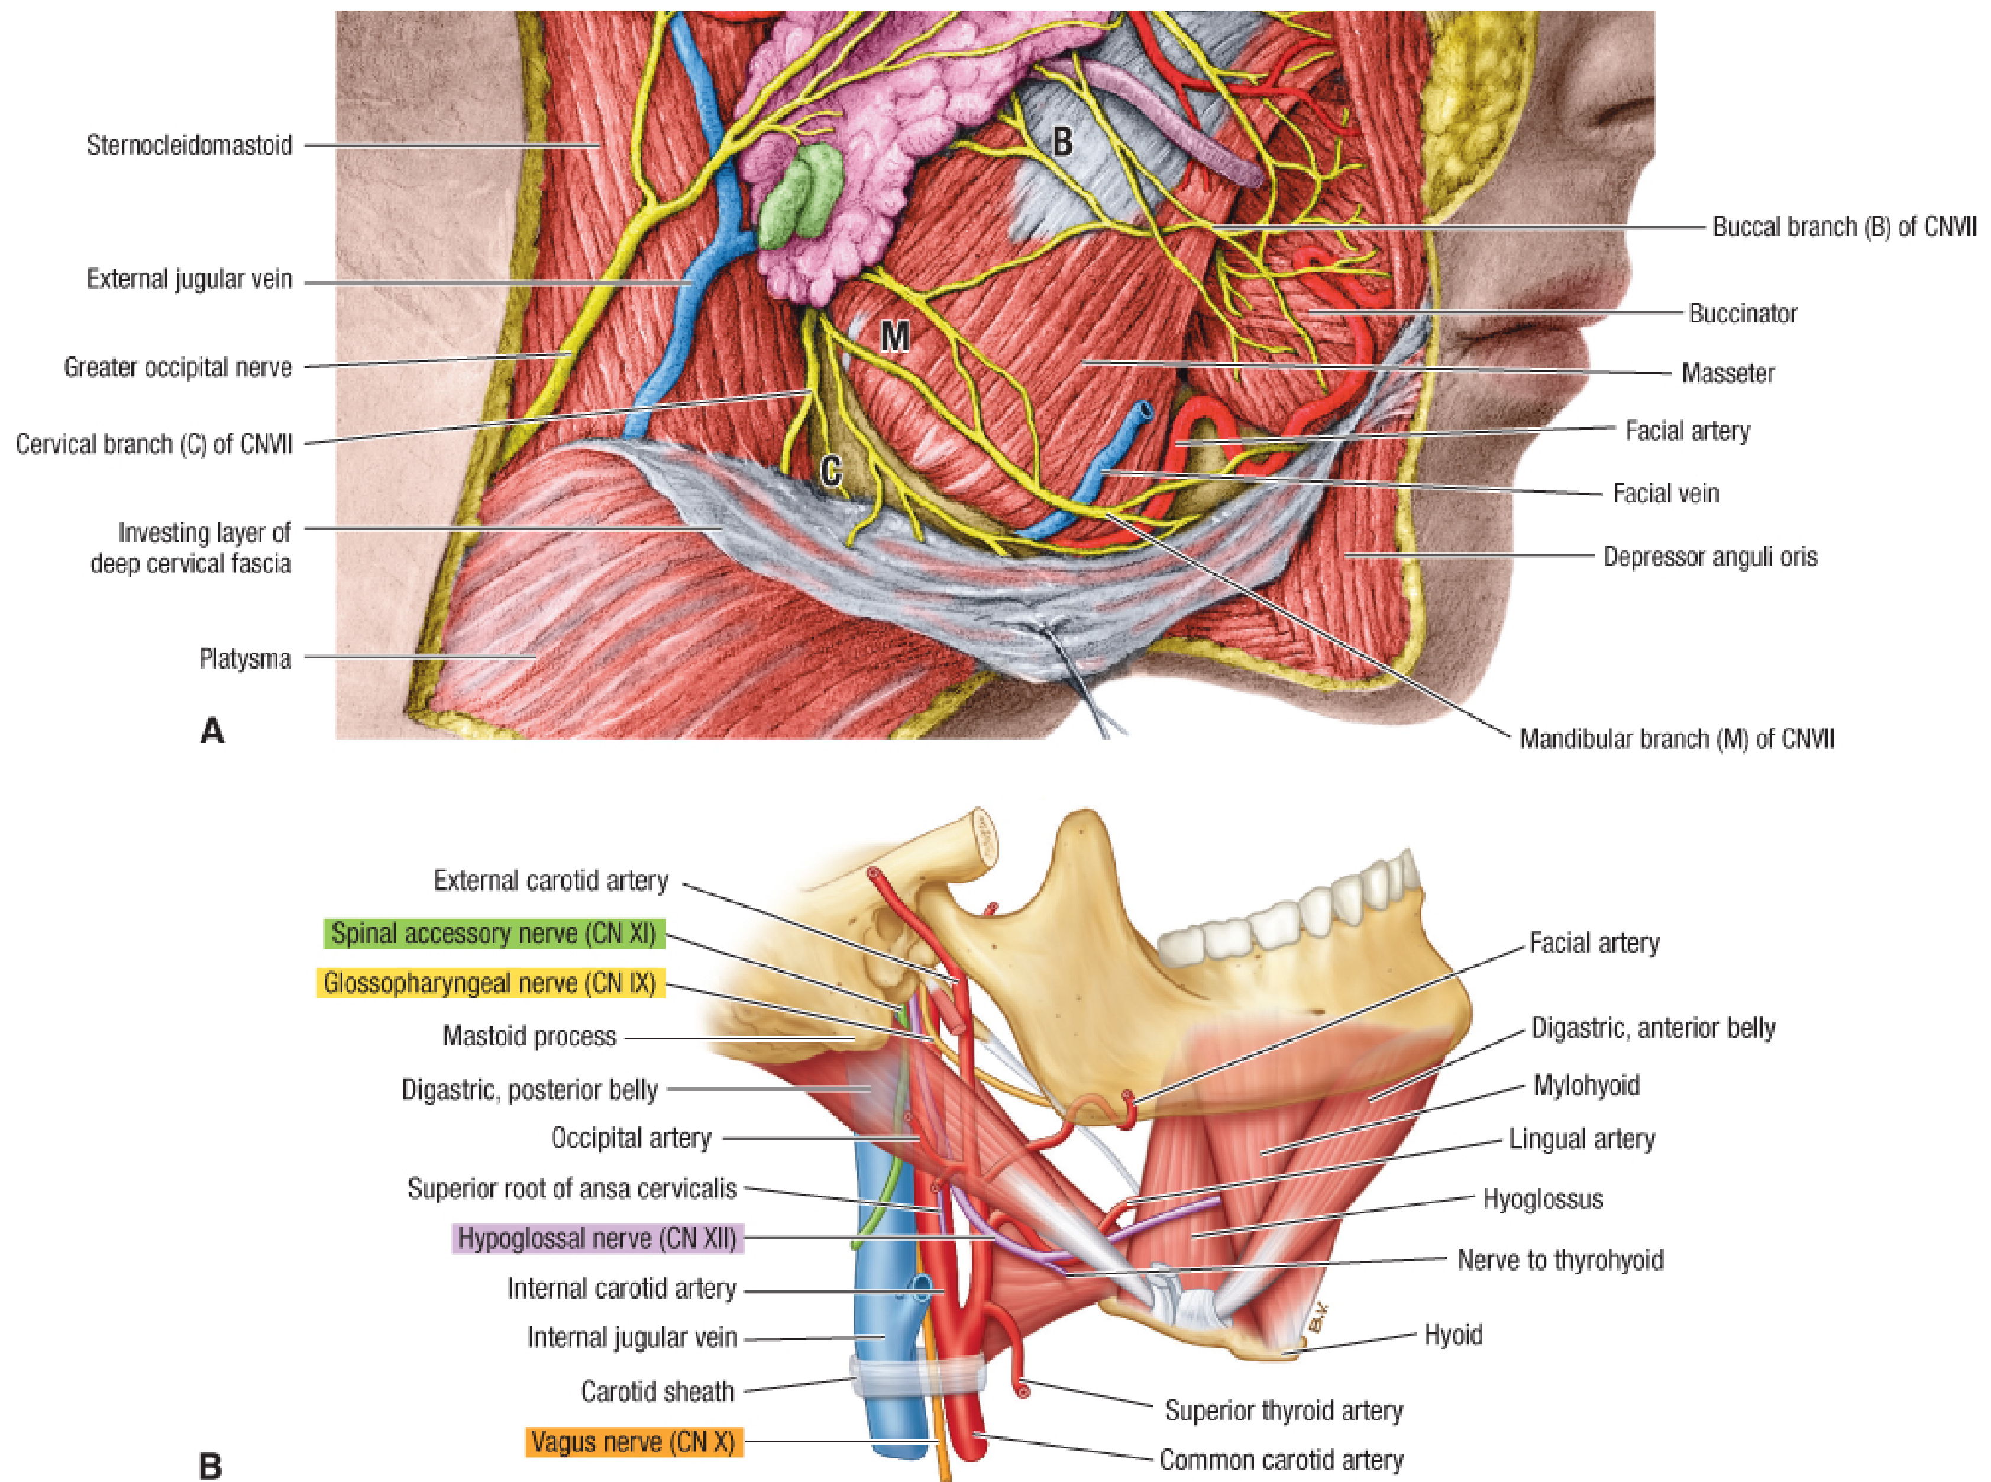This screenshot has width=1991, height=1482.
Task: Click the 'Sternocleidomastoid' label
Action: click(189, 146)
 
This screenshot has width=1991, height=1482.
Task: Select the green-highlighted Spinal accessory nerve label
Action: click(494, 934)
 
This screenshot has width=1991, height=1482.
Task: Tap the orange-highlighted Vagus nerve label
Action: click(633, 1442)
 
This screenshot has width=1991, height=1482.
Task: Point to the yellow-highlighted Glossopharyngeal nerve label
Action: click(490, 984)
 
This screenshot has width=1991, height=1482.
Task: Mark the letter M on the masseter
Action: click(895, 337)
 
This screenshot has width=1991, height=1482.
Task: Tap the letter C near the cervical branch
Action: click(832, 470)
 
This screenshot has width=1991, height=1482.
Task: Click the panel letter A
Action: click(212, 731)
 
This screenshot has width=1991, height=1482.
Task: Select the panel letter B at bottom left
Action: click(210, 1467)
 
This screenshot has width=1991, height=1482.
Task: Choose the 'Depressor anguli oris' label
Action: click(1710, 557)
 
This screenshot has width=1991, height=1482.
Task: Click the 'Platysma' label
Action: click(245, 660)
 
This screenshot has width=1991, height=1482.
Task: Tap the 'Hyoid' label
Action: click(1453, 1335)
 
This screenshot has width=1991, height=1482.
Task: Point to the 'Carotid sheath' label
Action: click(657, 1391)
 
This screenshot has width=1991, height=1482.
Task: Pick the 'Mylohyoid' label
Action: click(1586, 1086)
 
